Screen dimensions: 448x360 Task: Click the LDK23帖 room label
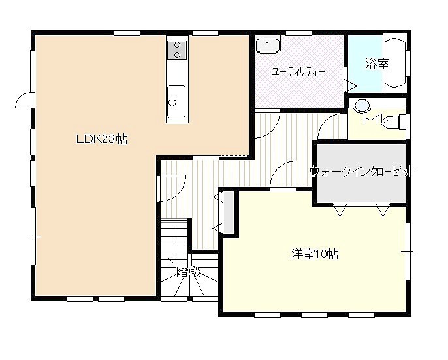(102, 140)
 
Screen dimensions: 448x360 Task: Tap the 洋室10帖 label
(315, 254)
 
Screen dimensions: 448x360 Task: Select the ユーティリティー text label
(298, 72)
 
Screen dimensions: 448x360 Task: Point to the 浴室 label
(377, 64)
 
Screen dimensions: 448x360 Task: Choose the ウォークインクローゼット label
(362, 172)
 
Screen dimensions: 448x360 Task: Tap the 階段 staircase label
(189, 272)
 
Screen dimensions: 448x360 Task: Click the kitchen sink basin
(176, 101)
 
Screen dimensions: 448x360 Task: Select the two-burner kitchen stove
(177, 50)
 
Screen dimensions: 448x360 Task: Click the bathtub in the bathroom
(395, 63)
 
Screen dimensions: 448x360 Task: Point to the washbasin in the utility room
(268, 46)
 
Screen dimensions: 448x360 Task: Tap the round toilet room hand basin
(362, 105)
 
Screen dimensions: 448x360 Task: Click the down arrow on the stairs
(173, 244)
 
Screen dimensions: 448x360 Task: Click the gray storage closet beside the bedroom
(229, 213)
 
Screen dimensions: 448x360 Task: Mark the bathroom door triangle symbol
(351, 86)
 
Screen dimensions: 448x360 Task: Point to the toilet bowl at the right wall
(396, 122)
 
